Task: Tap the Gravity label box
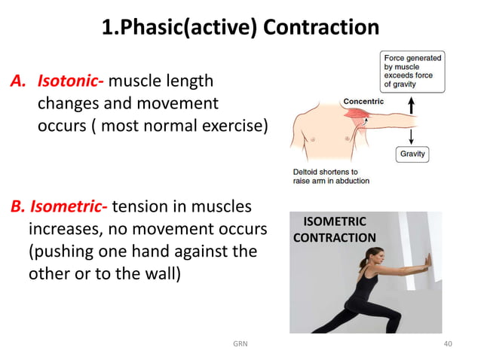point(412,154)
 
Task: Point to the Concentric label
point(363,101)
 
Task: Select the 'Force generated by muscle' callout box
point(412,70)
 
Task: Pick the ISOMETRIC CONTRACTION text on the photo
point(334,230)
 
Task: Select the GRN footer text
point(240,344)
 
